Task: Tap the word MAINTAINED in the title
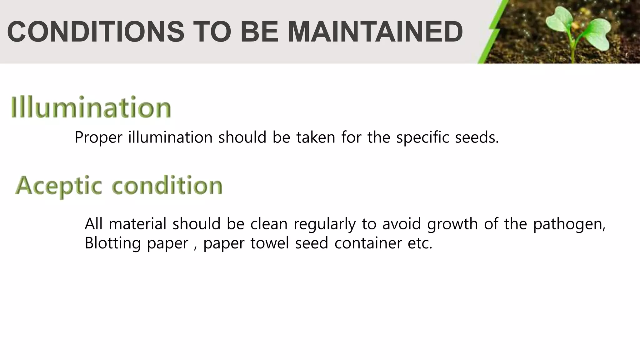coord(375,32)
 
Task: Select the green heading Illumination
coord(91,107)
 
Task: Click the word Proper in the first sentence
coord(98,137)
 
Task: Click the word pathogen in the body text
coord(569,224)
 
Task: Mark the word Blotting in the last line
coord(112,243)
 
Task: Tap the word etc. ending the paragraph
coord(420,243)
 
